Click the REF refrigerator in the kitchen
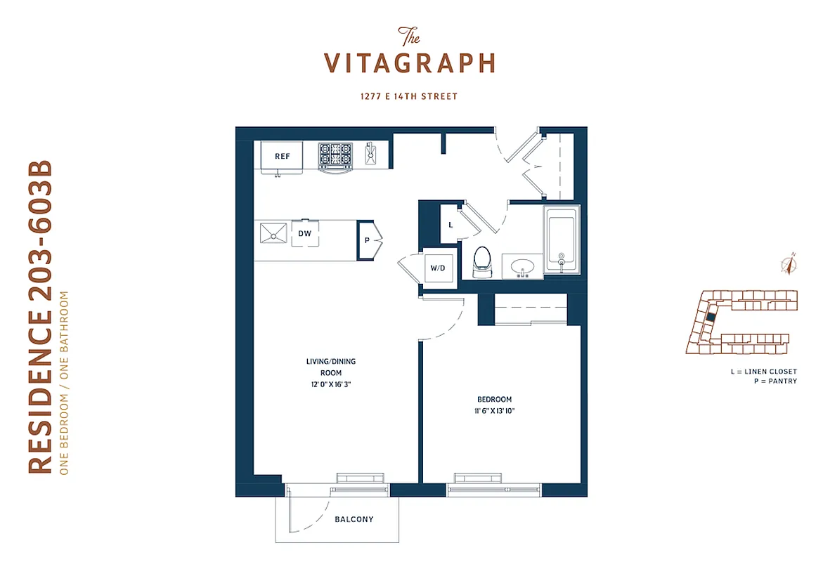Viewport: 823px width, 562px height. [x=281, y=157]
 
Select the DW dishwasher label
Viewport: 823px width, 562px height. [x=305, y=233]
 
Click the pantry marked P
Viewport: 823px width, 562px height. [x=367, y=240]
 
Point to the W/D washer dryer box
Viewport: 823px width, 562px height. [x=437, y=268]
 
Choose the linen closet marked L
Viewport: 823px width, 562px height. [x=450, y=224]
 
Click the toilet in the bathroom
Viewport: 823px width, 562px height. [x=482, y=260]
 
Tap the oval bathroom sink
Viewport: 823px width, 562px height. [x=522, y=268]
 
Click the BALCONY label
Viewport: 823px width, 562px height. [x=354, y=520]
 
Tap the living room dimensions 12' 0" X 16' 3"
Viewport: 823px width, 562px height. [x=330, y=384]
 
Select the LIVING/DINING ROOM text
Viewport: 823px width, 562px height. [x=330, y=367]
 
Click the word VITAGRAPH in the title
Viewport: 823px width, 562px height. [x=410, y=63]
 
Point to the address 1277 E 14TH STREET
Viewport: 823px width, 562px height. [x=410, y=96]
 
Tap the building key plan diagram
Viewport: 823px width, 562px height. [x=741, y=322]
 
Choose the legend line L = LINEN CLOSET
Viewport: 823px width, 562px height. [x=763, y=371]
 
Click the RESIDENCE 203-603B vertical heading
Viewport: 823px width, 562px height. [x=41, y=317]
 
